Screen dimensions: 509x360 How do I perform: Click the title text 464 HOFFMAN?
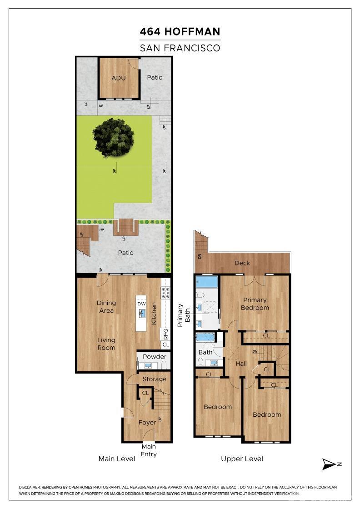click(180, 32)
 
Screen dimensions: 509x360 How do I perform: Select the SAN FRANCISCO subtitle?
click(180, 48)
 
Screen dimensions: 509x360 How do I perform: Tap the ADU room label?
click(119, 78)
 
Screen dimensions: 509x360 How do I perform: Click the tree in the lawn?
click(114, 138)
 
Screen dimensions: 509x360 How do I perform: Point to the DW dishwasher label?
click(141, 304)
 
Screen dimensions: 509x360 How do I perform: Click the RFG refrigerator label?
click(165, 334)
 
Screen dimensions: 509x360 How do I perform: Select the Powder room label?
click(155, 357)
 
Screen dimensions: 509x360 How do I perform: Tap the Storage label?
click(155, 379)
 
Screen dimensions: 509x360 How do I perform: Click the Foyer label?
click(147, 423)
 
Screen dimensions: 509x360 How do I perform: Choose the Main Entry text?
click(149, 450)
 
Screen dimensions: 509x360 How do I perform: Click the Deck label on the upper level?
click(242, 263)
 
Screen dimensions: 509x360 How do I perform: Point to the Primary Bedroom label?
click(255, 304)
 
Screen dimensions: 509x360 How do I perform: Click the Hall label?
click(241, 364)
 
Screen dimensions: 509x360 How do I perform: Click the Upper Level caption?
click(242, 459)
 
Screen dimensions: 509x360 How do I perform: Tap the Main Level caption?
click(117, 459)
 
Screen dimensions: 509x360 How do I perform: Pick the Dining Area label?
click(106, 307)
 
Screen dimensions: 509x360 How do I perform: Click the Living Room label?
click(106, 344)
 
